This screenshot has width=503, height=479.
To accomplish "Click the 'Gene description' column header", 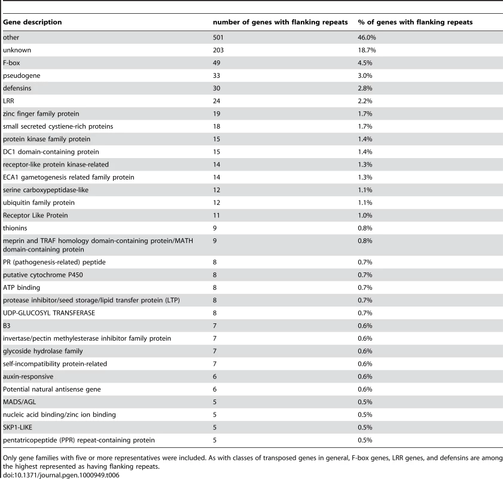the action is pyautogui.click(x=32, y=22).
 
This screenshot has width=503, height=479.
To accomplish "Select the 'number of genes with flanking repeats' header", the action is pyautogui.click(x=281, y=22).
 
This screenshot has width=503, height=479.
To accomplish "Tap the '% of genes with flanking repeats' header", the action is pyautogui.click(x=415, y=22).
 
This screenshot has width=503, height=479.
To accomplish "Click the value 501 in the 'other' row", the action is pyautogui.click(x=218, y=38).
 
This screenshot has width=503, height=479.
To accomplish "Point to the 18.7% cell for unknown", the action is pyautogui.click(x=367, y=50).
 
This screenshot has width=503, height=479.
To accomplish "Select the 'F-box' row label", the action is pyautogui.click(x=11, y=63).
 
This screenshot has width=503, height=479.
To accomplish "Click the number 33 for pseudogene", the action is pyautogui.click(x=217, y=76).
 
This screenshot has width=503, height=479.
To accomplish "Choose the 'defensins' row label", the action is pyautogui.click(x=17, y=88).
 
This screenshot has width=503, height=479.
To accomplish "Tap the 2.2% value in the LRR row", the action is pyautogui.click(x=365, y=101).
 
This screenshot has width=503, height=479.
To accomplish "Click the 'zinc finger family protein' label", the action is pyautogui.click(x=41, y=114).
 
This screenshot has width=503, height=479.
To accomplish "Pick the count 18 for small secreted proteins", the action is pyautogui.click(x=217, y=126).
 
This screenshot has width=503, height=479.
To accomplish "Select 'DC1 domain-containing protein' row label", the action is pyautogui.click(x=51, y=152).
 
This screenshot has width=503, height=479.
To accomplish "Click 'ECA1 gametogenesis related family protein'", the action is pyautogui.click(x=69, y=177).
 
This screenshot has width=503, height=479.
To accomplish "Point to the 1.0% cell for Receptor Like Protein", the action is pyautogui.click(x=365, y=216).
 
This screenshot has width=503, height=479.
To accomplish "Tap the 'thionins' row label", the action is pyautogui.click(x=15, y=228).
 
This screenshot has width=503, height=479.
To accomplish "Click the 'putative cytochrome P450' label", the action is pyautogui.click(x=43, y=275).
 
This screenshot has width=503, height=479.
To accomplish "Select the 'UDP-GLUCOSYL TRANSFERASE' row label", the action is pyautogui.click(x=49, y=313).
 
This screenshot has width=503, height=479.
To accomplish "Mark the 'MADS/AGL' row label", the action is pyautogui.click(x=20, y=402).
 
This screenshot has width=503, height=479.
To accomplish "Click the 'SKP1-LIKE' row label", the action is pyautogui.click(x=17, y=428).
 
